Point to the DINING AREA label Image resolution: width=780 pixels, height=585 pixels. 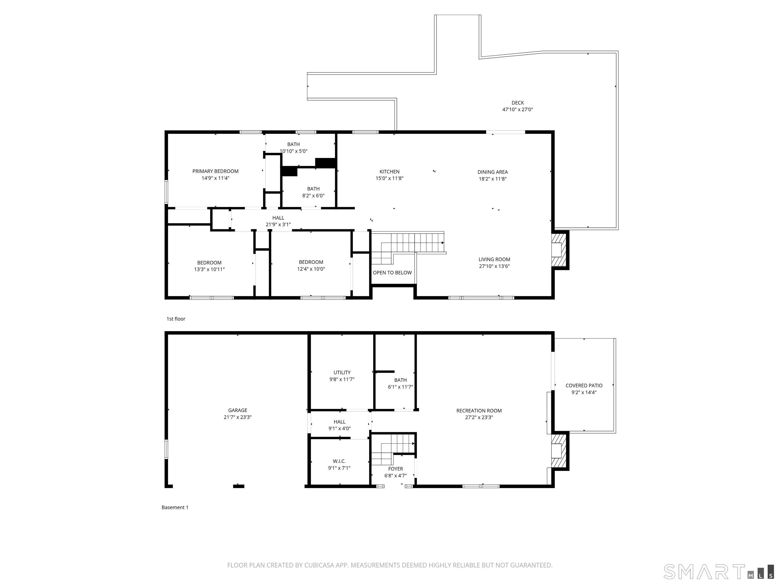click(x=493, y=172)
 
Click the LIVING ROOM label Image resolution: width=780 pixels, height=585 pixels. click(x=494, y=259)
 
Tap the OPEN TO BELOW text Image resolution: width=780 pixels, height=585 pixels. click(x=392, y=273)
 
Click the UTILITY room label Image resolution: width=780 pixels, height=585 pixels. click(x=342, y=372)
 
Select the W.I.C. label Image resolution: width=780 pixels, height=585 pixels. click(x=339, y=461)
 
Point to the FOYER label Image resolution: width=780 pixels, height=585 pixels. click(x=395, y=469)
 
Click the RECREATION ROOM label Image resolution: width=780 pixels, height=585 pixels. click(x=479, y=411)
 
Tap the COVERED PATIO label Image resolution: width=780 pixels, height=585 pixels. click(x=584, y=386)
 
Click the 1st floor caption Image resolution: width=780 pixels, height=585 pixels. click(x=176, y=319)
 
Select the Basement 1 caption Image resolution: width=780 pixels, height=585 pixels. click(x=175, y=507)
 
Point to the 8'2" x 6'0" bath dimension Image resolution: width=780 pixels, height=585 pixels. click(x=313, y=196)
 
